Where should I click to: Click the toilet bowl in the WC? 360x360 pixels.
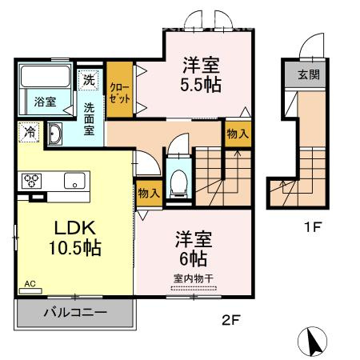pos(178,182)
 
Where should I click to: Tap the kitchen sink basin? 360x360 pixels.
pos(74,181)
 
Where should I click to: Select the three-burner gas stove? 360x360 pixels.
pos(31,181)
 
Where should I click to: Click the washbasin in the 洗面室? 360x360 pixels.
pos(55,134)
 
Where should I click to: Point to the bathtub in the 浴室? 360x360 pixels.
pos(46,76)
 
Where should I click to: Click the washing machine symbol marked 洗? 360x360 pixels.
pos(89,79)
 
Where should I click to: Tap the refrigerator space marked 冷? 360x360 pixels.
pos(30,132)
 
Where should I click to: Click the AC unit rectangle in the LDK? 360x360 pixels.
pos(30,291)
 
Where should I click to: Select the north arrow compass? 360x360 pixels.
pos(312,342)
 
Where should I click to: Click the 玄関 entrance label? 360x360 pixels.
pos(309,74)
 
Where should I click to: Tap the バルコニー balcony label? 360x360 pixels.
pos(75,312)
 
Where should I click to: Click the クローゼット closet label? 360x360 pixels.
pos(120,93)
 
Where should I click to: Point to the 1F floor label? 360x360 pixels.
pos(312,227)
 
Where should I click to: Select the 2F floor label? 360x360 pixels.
pos(231,320)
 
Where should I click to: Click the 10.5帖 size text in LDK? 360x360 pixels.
pos(75,248)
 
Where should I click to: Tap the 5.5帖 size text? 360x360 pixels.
pos(201,85)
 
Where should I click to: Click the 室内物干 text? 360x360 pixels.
pos(194,278)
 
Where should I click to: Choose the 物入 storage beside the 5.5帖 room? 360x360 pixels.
pos(238,134)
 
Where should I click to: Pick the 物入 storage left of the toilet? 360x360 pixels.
pos(149,193)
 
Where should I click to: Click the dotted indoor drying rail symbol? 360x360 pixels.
pos(194,288)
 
